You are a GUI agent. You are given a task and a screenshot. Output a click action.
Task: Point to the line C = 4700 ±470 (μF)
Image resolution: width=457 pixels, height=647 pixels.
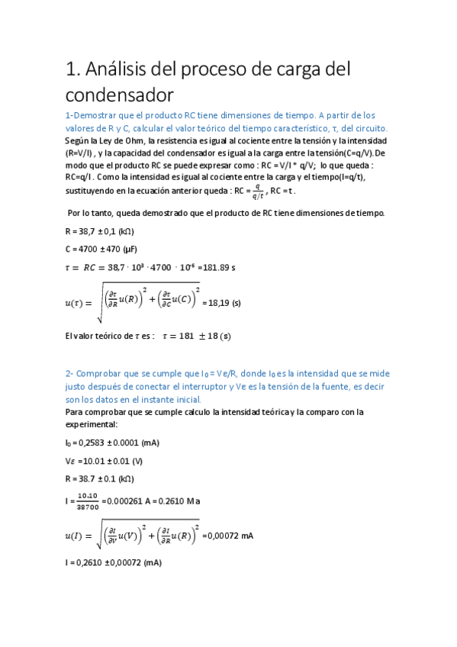(x=104, y=249)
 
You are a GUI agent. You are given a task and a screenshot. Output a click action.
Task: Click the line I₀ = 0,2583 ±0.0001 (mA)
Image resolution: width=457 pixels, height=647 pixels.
(x=113, y=443)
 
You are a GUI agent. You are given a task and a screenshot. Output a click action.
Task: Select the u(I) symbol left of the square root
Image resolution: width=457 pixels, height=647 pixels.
(x=78, y=536)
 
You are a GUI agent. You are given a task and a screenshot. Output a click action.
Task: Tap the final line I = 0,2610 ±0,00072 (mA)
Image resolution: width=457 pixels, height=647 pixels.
(x=114, y=563)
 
